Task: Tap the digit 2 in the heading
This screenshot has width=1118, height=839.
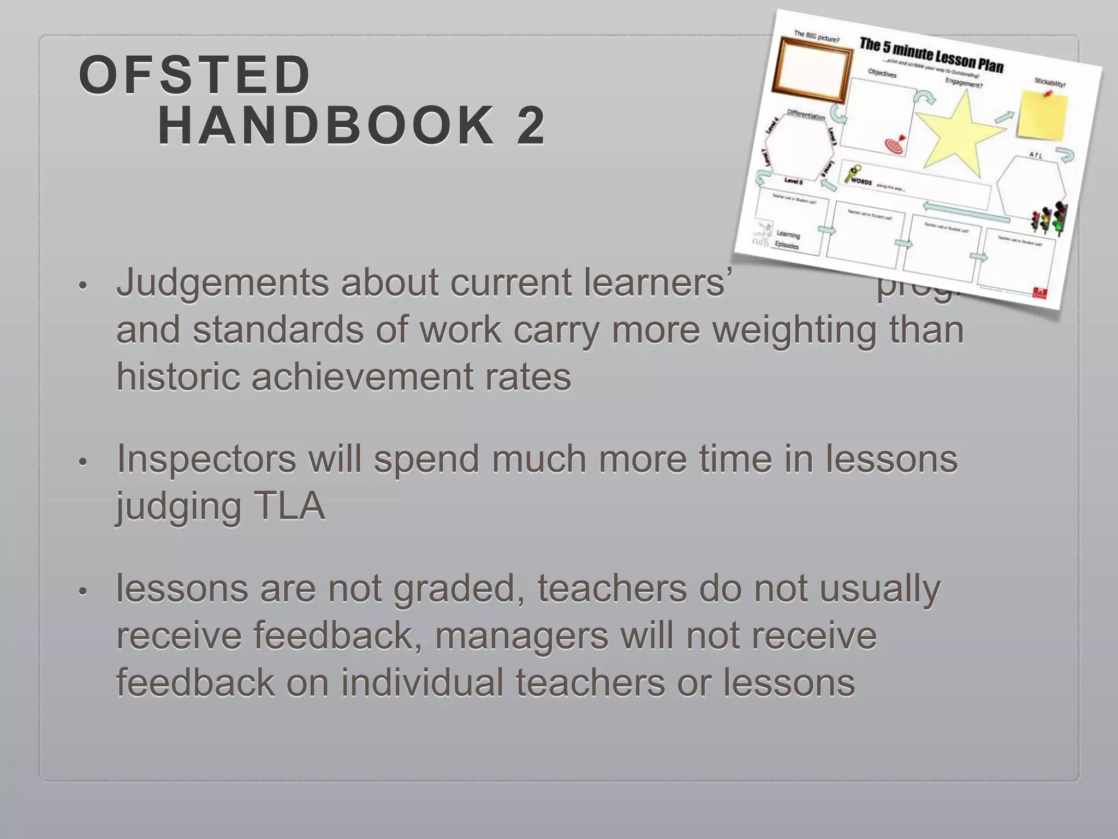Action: pyautogui.click(x=529, y=126)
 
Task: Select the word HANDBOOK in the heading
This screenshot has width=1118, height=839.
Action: pyautogui.click(x=326, y=126)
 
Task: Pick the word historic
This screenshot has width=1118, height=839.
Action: pyautogui.click(x=177, y=377)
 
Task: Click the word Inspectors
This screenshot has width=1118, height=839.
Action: pyautogui.click(x=206, y=459)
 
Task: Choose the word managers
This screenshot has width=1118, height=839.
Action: pyautogui.click(x=521, y=636)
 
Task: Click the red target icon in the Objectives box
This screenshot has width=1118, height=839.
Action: pyautogui.click(x=895, y=145)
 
